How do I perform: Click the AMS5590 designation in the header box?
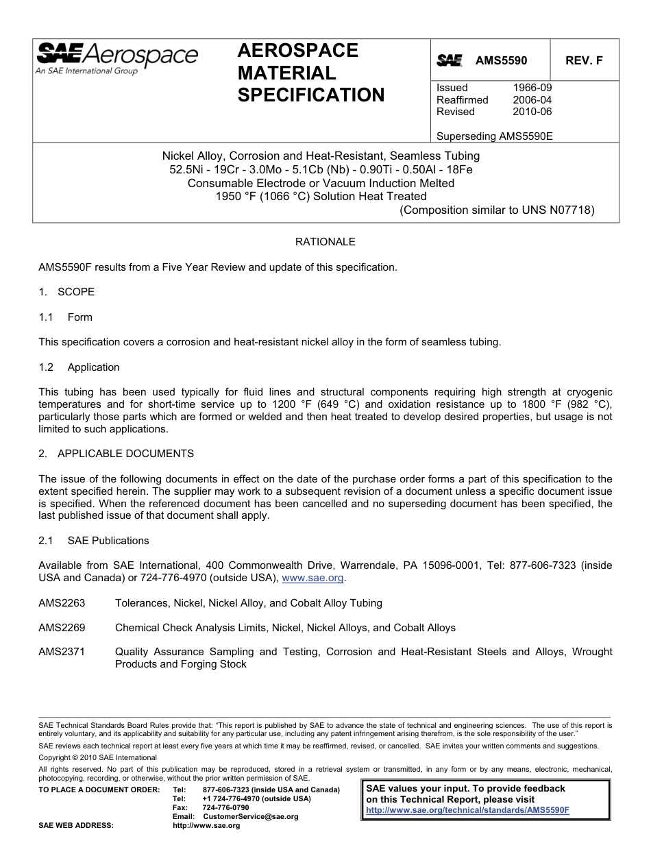pyautogui.click(x=501, y=60)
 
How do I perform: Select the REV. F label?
pyautogui.click(x=584, y=60)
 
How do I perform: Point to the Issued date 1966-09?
pyautogui.click(x=532, y=88)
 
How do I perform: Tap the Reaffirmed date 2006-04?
pyautogui.click(x=532, y=99)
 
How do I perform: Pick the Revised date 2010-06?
pyautogui.click(x=532, y=111)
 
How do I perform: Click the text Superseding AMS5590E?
pyautogui.click(x=494, y=136)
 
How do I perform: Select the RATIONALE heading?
pyautogui.click(x=325, y=242)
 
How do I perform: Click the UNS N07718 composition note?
pyautogui.click(x=497, y=210)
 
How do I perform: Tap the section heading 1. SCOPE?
pyautogui.click(x=66, y=292)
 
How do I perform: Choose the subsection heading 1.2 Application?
pyautogui.click(x=79, y=367)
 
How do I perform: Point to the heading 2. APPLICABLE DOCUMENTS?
pyautogui.click(x=116, y=454)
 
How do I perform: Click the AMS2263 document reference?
pyautogui.click(x=62, y=603)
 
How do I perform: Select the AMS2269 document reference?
pyautogui.click(x=62, y=628)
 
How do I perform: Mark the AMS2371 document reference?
pyautogui.click(x=62, y=652)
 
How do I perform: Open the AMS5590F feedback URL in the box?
pyautogui.click(x=468, y=809)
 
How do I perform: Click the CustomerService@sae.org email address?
pyautogui.click(x=251, y=816)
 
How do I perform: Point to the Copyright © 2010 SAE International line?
pyautogui.click(x=98, y=757)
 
